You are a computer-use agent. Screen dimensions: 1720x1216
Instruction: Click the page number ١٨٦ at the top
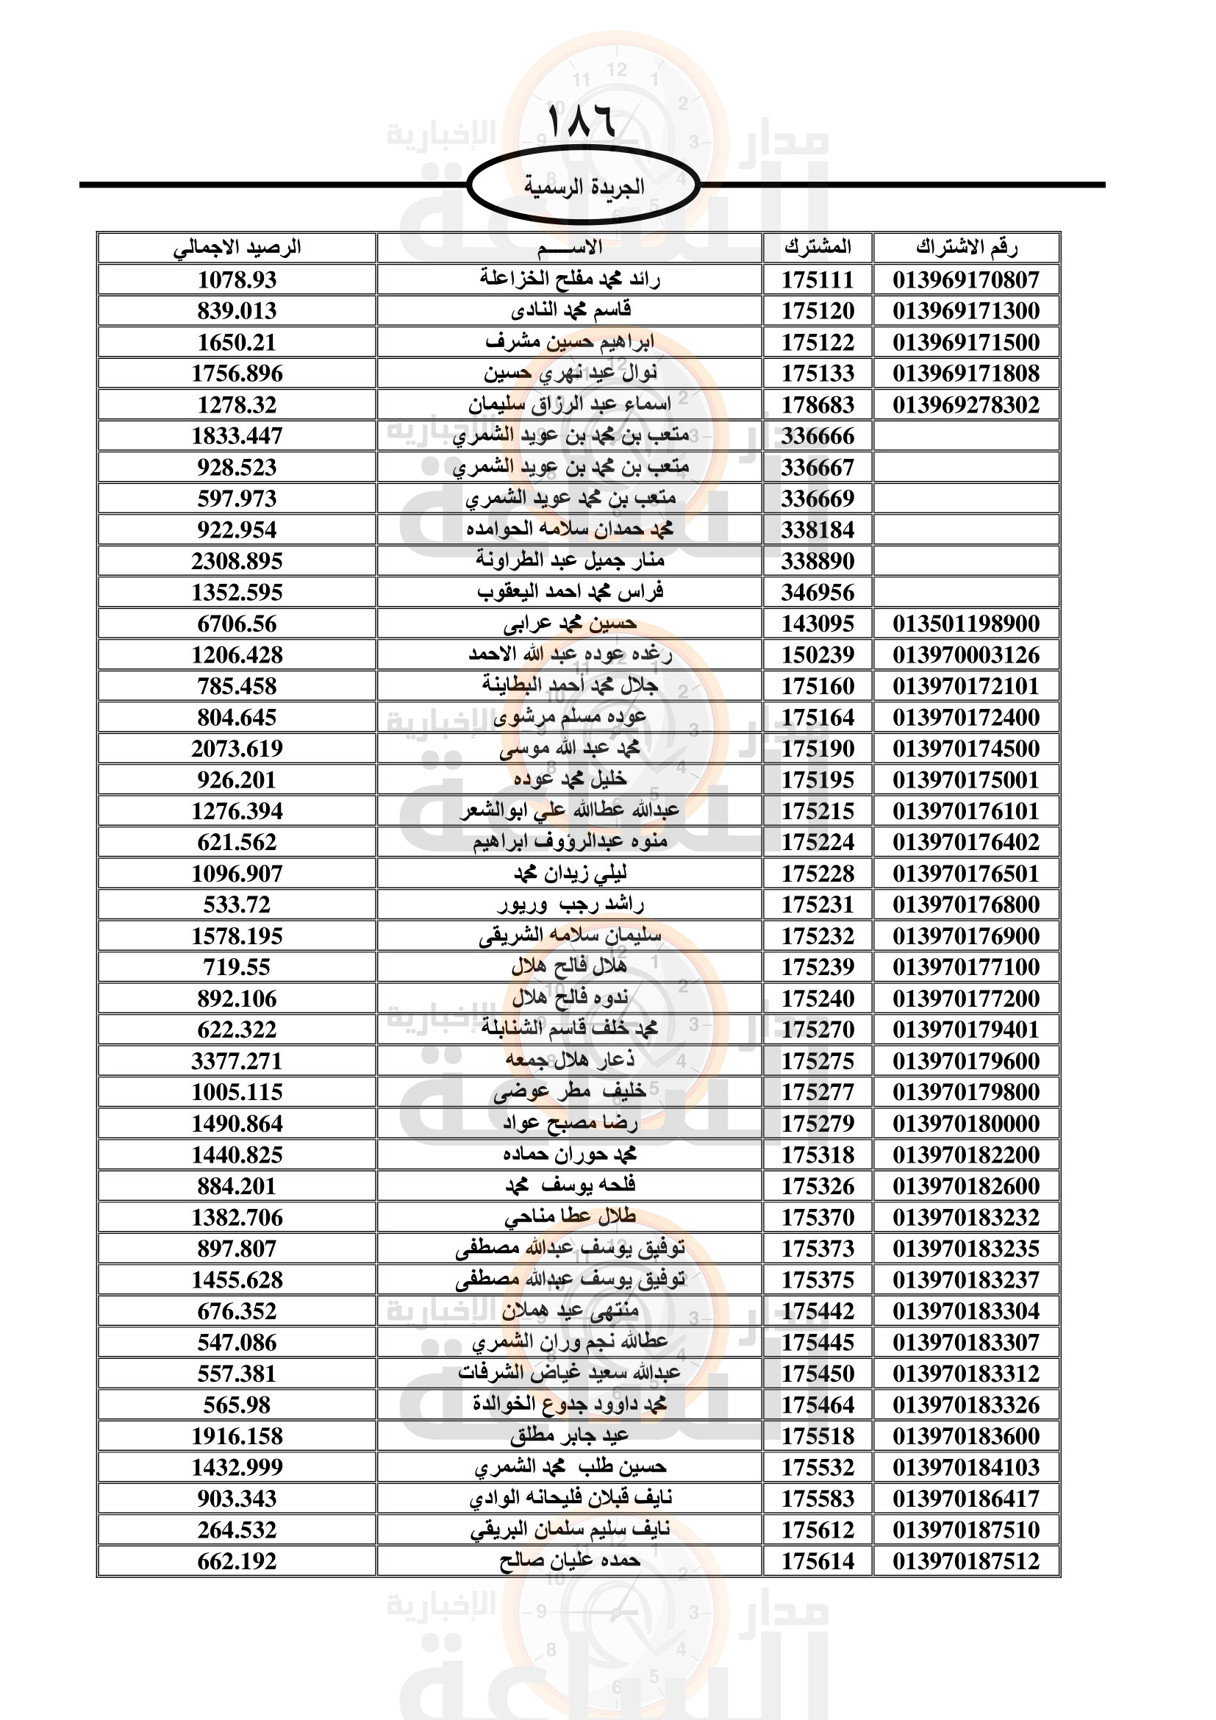click(x=582, y=121)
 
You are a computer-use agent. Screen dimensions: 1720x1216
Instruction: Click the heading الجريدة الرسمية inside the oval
click(x=583, y=187)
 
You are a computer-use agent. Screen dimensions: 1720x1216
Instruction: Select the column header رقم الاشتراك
click(x=966, y=247)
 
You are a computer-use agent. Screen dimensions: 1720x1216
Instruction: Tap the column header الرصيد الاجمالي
click(x=237, y=247)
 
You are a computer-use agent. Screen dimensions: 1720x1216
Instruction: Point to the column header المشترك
click(x=818, y=247)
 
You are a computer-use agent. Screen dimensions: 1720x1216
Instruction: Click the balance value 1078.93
click(x=237, y=279)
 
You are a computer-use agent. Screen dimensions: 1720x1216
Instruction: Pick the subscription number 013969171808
click(x=966, y=373)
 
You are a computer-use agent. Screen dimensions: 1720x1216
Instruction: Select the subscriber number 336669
click(x=818, y=498)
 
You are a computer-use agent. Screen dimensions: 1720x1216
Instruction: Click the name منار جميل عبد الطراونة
click(x=570, y=560)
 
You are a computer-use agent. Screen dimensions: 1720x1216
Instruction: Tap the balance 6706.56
click(x=237, y=624)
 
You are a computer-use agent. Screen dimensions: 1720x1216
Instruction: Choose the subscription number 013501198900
click(x=966, y=624)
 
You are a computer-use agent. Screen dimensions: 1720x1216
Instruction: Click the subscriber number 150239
click(x=818, y=654)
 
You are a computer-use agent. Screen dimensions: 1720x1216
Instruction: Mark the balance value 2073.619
click(x=237, y=749)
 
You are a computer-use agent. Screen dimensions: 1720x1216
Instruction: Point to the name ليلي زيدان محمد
click(x=570, y=874)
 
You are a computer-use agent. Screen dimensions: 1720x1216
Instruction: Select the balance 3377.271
click(x=237, y=1061)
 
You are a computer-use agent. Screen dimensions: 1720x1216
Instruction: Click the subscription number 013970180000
click(x=966, y=1124)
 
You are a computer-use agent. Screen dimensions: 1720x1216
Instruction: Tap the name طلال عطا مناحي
click(x=570, y=1217)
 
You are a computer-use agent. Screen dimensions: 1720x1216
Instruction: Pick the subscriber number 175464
click(x=818, y=1405)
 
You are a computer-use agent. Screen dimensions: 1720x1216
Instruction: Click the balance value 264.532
click(x=237, y=1530)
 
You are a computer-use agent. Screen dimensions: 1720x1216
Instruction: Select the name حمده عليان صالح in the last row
click(x=570, y=1561)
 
